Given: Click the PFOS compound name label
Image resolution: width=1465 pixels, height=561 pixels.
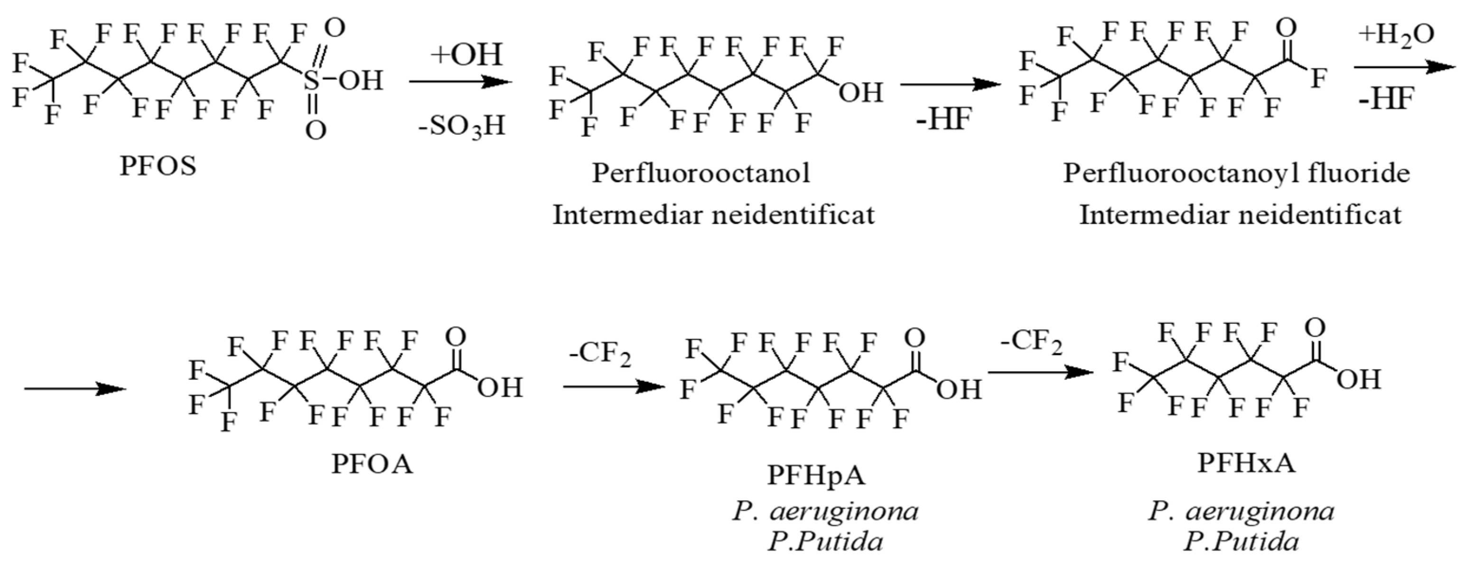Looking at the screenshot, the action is (158, 166).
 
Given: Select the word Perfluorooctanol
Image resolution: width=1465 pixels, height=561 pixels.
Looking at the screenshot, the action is (700, 172).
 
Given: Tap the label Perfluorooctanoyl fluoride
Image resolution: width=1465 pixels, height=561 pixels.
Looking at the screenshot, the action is (1236, 172).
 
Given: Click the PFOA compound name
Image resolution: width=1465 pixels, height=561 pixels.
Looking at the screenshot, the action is (372, 464).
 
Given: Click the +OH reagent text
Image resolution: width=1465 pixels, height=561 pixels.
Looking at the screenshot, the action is (467, 55).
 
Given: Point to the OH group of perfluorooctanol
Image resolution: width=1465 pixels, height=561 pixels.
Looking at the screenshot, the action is (861, 93).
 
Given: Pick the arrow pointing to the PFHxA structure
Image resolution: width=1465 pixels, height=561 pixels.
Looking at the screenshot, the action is (1041, 373).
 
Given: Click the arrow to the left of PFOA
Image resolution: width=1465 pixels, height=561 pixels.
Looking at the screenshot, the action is (75, 389).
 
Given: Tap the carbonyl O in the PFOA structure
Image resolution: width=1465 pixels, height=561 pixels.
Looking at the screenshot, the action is (456, 337).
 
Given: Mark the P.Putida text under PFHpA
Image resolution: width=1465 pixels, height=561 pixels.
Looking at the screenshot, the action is (825, 541).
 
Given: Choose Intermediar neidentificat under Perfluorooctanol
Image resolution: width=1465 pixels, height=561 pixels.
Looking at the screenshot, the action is (714, 215).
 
